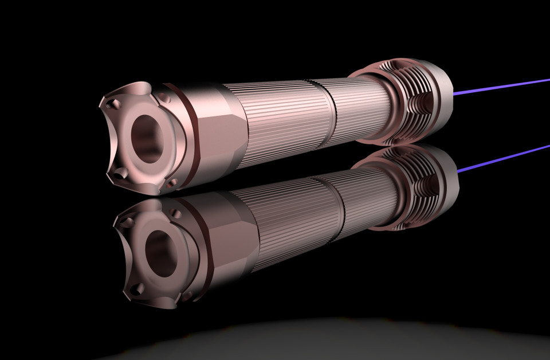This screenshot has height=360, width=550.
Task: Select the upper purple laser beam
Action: click(504, 84)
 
